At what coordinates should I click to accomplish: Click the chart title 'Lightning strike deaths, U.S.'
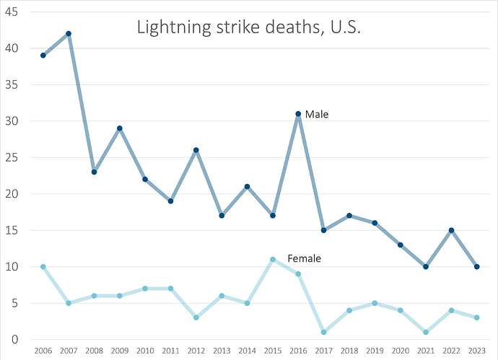[x=249, y=29]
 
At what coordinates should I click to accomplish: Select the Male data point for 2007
[x=69, y=34]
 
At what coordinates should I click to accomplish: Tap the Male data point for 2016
[x=298, y=114]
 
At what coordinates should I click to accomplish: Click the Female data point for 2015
[x=273, y=259]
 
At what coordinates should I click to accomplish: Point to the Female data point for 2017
[x=324, y=332]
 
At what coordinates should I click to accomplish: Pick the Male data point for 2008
[x=94, y=172]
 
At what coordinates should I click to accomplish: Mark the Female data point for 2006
[x=43, y=267]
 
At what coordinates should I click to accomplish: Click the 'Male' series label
[x=317, y=114]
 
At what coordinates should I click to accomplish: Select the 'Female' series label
[x=304, y=258]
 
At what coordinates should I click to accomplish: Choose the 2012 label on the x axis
[x=196, y=351]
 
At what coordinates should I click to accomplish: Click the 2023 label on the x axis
[x=477, y=351]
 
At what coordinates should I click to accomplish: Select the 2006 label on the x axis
[x=43, y=351]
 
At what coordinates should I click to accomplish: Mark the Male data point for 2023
[x=477, y=267]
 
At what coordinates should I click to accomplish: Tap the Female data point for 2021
[x=426, y=332]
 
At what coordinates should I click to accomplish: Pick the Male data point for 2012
[x=196, y=150]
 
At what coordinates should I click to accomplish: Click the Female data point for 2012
[x=196, y=317]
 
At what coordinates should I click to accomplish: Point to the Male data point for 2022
[x=452, y=230]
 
